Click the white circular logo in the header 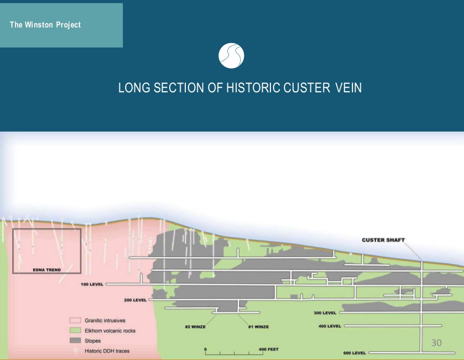coord(231,56)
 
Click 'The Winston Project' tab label coord(45,24)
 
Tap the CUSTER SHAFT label coord(383,240)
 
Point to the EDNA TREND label coord(47,270)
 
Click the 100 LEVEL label coord(92,284)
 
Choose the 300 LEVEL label coord(325,313)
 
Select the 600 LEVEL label coord(354,353)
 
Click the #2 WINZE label coord(195,326)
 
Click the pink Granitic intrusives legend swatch coord(75,321)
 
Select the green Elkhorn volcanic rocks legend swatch coord(75,330)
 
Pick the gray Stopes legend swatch coord(75,341)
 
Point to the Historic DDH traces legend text coord(107,351)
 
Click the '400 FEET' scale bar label coord(268,349)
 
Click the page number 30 coord(436,343)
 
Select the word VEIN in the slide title coord(348,88)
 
